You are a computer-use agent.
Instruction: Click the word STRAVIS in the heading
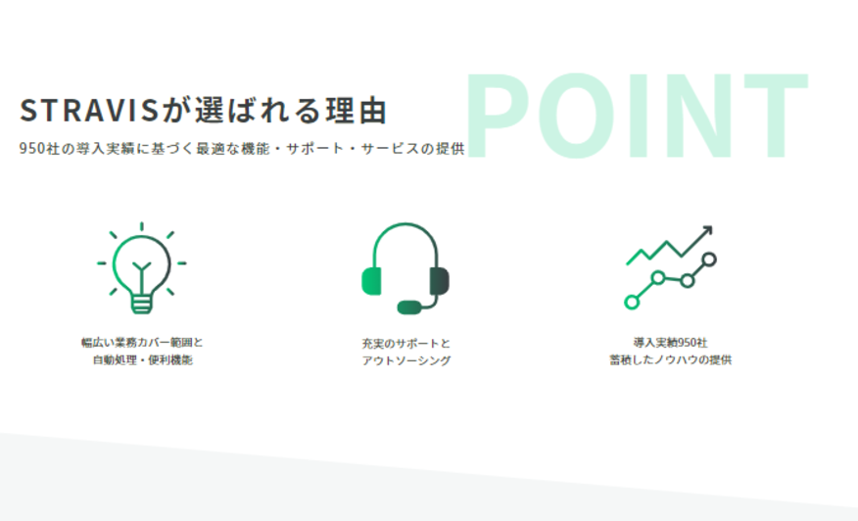click(89, 110)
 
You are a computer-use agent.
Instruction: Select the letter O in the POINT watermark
click(576, 116)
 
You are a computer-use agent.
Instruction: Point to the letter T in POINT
click(776, 116)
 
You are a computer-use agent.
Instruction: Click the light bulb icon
click(142, 267)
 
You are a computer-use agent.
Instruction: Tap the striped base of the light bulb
click(142, 304)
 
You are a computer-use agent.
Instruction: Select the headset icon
click(405, 268)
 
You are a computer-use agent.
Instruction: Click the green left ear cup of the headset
click(371, 281)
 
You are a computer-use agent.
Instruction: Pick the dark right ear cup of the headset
click(440, 281)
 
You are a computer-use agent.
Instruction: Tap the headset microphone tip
click(409, 308)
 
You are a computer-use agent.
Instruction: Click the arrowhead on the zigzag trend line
click(707, 231)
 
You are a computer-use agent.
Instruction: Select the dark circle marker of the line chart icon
click(708, 260)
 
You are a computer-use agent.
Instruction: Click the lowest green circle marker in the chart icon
click(632, 302)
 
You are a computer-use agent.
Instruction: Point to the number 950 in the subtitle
click(33, 148)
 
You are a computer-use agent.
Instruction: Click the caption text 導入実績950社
click(670, 343)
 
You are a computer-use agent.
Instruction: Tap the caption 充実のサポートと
click(405, 344)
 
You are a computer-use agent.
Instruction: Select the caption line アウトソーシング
click(406, 360)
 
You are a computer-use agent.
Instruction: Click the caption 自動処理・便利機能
click(143, 360)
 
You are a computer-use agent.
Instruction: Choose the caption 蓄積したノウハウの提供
click(670, 360)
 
